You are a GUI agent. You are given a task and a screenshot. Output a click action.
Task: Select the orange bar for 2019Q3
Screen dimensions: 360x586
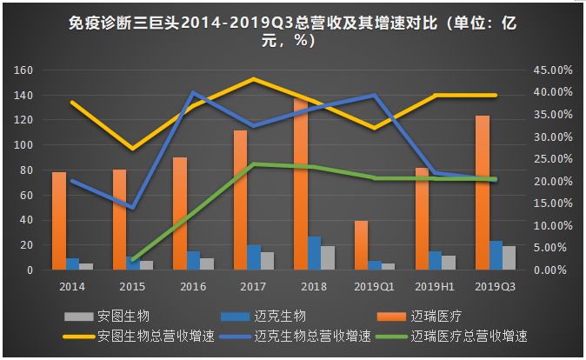(482, 192)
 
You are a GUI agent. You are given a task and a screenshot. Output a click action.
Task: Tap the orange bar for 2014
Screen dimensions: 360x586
(59, 221)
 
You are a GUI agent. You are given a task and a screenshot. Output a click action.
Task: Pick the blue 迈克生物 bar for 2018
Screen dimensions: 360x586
(314, 253)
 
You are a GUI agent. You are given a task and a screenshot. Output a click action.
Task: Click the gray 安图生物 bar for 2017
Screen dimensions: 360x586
(267, 261)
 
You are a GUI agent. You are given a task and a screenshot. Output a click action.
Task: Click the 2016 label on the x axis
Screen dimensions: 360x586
(193, 284)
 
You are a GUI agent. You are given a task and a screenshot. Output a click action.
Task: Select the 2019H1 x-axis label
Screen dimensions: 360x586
(434, 284)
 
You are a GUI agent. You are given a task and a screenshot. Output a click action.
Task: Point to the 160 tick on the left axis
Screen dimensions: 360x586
(23, 70)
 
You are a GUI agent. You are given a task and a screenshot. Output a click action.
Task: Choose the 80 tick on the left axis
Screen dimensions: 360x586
(26, 170)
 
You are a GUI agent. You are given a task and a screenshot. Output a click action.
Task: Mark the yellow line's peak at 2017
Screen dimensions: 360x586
(253, 79)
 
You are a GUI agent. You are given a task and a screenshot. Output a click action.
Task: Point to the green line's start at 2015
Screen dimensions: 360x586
(132, 259)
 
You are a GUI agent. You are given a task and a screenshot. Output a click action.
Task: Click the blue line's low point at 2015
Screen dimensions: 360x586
(132, 208)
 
